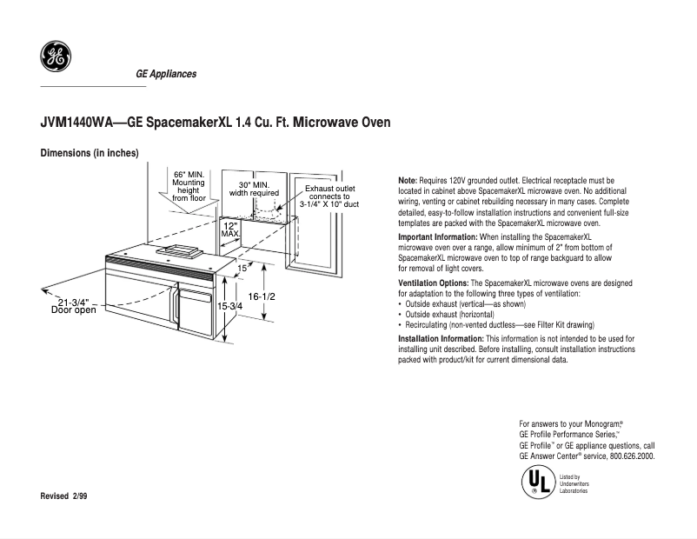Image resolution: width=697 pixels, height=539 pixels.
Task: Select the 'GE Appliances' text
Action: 166,74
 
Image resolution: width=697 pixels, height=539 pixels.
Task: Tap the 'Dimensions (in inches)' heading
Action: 90,154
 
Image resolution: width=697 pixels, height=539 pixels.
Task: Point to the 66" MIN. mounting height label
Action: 189,185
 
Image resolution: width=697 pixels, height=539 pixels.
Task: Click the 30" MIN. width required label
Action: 254,189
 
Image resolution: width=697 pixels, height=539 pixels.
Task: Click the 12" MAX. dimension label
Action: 230,229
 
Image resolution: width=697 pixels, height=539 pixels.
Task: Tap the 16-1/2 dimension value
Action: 262,297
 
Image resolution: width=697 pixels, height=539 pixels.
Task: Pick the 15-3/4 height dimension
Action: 229,307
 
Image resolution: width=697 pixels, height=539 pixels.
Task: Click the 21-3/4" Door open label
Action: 74,305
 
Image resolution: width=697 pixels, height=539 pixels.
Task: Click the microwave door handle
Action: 176,313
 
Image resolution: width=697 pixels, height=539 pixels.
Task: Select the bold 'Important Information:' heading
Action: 437,237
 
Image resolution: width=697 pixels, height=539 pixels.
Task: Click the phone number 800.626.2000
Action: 632,456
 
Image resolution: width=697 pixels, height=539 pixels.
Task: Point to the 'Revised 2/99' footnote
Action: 64,496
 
